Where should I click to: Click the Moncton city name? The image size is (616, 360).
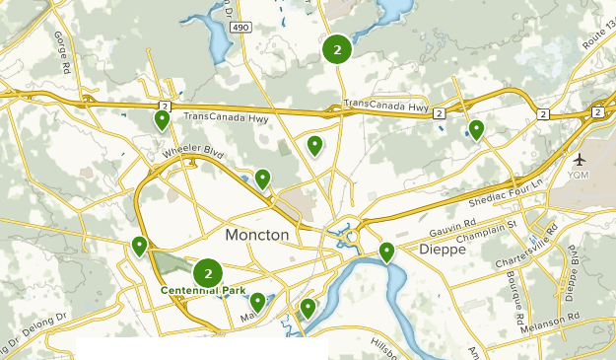click(x=257, y=236)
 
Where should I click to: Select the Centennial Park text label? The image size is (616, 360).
click(x=204, y=291)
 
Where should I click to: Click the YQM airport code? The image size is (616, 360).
click(x=578, y=175)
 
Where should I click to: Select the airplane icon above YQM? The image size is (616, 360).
click(x=578, y=159)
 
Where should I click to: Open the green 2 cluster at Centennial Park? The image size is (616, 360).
click(x=208, y=273)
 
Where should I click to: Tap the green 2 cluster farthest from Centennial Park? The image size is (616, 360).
click(x=337, y=48)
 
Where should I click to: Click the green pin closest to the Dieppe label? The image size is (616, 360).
click(x=386, y=252)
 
